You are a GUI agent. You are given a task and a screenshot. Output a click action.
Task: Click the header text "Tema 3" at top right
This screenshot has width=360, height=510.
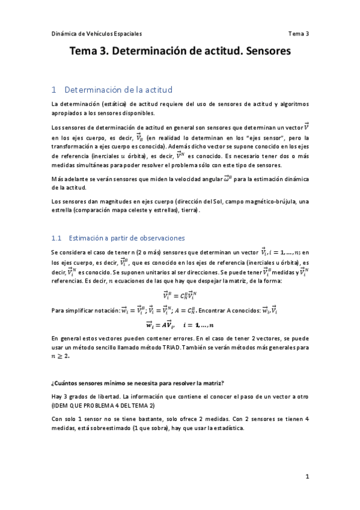pyautogui.click(x=298, y=34)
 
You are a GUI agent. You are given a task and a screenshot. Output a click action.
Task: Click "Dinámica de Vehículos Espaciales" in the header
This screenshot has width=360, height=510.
pyautogui.click(x=97, y=34)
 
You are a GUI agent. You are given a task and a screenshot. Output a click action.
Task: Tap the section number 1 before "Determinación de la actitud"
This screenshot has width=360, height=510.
pyautogui.click(x=54, y=90)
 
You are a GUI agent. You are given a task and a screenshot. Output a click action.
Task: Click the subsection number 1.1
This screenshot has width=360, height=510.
pyautogui.click(x=58, y=238)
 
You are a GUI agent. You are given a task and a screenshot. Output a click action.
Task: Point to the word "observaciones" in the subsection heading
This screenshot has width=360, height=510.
pyautogui.click(x=160, y=238)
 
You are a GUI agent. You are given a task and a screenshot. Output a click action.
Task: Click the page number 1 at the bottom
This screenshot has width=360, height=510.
pyautogui.click(x=307, y=476)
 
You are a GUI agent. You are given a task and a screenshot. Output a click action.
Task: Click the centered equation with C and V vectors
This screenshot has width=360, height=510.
pyautogui.click(x=180, y=295)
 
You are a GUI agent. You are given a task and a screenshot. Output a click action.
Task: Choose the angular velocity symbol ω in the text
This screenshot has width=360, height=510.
pyautogui.click(x=227, y=178)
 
